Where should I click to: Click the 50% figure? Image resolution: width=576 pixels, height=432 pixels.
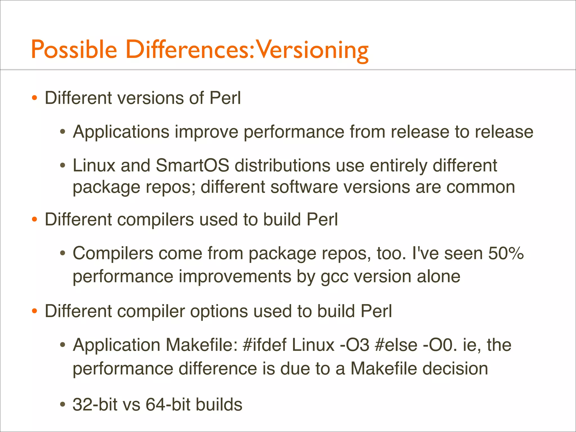coord(506,253)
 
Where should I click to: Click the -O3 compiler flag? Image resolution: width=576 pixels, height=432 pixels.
coord(354,345)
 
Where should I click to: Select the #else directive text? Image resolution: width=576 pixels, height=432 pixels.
coord(396,345)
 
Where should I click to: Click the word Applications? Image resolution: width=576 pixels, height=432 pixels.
coord(121,132)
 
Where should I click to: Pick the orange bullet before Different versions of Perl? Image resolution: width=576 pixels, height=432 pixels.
coord(34,98)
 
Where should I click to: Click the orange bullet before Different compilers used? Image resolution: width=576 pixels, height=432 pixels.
coord(34,220)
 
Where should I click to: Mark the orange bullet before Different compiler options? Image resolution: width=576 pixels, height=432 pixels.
coord(34,311)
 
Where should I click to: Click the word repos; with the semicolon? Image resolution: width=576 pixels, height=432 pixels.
coord(169,187)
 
